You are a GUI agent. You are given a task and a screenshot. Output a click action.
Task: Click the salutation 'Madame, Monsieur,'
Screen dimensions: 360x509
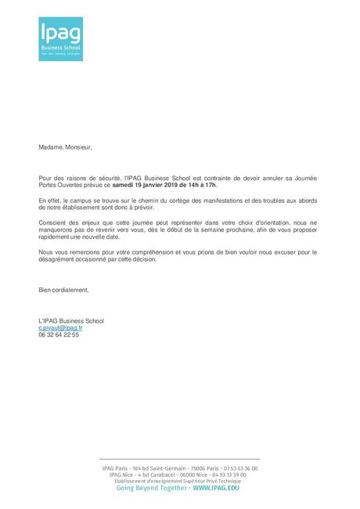click(x=65, y=146)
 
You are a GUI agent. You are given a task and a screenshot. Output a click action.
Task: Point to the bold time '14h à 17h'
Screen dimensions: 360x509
click(x=200, y=186)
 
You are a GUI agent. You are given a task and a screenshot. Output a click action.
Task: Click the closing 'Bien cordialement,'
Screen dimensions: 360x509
click(x=64, y=290)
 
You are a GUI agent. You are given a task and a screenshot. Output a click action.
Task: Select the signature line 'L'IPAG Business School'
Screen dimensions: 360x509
click(x=71, y=320)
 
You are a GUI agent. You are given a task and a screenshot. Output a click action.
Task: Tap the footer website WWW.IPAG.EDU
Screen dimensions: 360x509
click(x=216, y=487)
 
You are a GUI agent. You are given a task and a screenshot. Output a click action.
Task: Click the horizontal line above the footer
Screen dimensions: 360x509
click(x=179, y=460)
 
